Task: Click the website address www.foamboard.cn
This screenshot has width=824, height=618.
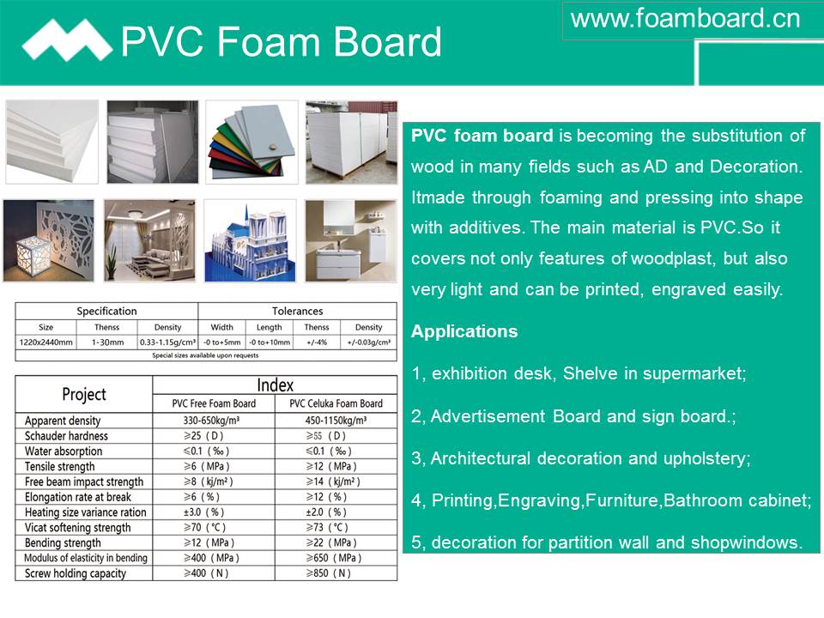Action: point(685,19)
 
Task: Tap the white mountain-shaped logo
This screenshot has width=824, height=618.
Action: point(67,40)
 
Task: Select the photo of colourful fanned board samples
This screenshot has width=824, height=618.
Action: point(251,142)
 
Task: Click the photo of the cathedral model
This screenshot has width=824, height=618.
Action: point(250,240)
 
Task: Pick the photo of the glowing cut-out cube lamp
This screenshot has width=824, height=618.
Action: point(48,240)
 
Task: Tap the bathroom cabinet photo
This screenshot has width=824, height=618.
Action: point(351,240)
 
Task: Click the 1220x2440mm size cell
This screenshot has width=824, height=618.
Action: point(45,342)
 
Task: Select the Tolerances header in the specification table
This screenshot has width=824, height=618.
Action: point(298,311)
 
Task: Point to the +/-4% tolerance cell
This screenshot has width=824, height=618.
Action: point(317,342)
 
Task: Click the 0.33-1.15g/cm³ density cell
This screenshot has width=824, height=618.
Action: point(167,342)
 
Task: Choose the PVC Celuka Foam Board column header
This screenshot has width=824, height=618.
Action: point(336,403)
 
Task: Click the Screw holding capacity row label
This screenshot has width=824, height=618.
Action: point(76,573)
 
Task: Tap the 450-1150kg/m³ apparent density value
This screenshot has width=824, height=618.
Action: point(336,421)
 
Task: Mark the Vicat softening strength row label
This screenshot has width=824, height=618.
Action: point(77,528)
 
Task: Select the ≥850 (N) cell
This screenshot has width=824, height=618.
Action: point(329,573)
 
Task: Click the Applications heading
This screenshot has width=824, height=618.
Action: point(464,331)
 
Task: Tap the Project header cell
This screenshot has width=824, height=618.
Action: point(84,394)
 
